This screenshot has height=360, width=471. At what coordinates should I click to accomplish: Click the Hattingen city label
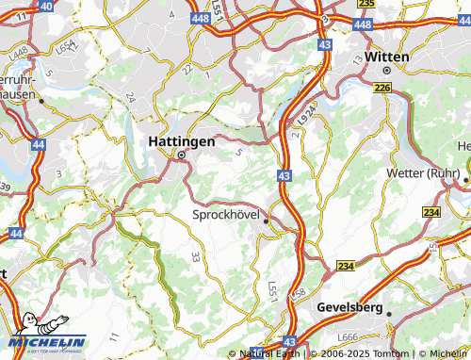click(182, 141)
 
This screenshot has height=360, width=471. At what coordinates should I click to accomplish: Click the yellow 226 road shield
click(382, 88)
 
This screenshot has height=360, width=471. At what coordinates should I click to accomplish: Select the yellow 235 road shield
click(366, 4)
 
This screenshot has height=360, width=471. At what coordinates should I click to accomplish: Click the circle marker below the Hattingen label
click(181, 157)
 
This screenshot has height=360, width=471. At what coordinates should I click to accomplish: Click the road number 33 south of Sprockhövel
click(196, 256)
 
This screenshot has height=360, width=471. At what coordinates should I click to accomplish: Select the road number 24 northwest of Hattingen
click(129, 97)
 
